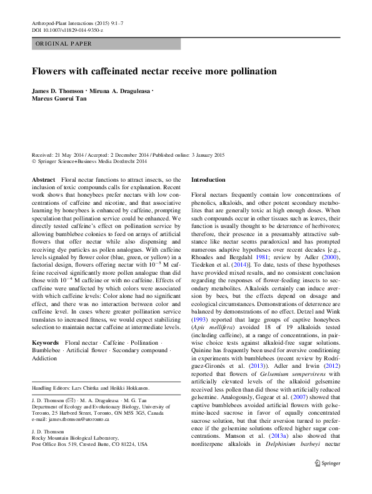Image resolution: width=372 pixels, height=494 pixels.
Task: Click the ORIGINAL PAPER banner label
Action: [64, 44]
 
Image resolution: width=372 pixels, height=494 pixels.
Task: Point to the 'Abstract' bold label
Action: [43, 180]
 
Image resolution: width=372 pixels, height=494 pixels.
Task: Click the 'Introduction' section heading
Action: [208, 180]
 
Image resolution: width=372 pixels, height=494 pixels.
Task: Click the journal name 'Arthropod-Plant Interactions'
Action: [63, 23]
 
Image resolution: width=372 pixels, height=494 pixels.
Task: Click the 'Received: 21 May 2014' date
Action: [60, 155]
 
